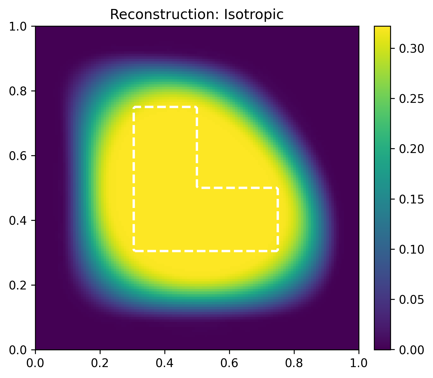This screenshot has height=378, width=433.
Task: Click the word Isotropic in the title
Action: (253, 15)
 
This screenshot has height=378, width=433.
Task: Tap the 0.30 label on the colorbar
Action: (411, 49)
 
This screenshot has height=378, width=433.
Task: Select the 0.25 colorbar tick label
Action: (411, 99)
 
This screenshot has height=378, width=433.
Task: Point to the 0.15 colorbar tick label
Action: (411, 200)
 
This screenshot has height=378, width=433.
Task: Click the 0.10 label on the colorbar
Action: (411, 250)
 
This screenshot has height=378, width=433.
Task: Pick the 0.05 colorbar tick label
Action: (411, 300)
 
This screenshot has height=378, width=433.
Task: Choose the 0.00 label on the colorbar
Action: (411, 350)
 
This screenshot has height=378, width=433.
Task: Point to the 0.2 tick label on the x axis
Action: (100, 363)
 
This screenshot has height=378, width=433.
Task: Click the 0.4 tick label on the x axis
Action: (165, 363)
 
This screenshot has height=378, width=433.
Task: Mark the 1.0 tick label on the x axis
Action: (358, 363)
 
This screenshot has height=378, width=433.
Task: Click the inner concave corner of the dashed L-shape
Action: (197, 187)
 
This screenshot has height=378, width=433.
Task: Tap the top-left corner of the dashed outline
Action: (134, 107)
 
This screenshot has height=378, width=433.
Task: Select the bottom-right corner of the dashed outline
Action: (278, 251)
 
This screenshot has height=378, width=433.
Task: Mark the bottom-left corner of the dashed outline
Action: (134, 251)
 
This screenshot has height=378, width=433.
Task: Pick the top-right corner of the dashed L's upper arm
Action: (197, 107)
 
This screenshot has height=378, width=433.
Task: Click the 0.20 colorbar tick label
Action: (411, 149)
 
